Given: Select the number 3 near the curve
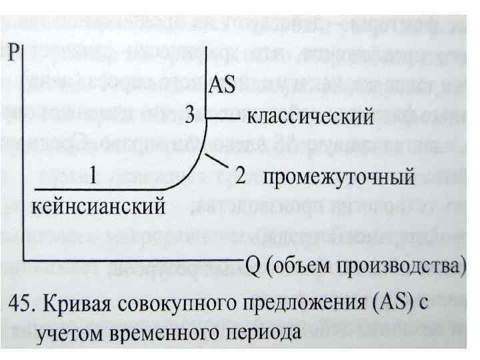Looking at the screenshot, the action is pos(189,117).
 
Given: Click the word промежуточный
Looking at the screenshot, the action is pos(339,179).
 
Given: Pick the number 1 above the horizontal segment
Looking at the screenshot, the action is pos(95,175).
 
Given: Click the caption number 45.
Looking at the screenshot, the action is pos(23,305).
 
